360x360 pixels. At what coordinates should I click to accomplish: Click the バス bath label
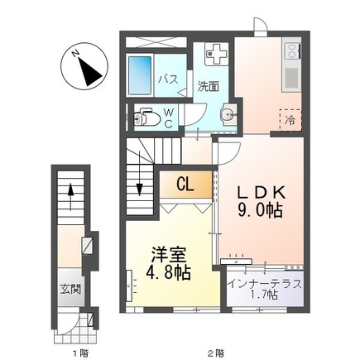[x=168, y=79]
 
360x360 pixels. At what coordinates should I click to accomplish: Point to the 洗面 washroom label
[x=208, y=85]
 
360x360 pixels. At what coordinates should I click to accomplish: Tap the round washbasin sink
[x=228, y=115]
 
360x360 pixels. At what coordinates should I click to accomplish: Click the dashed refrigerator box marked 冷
[x=290, y=121]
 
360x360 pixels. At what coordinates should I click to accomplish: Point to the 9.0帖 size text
[x=260, y=211]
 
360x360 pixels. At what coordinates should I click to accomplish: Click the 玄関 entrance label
[x=70, y=290]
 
